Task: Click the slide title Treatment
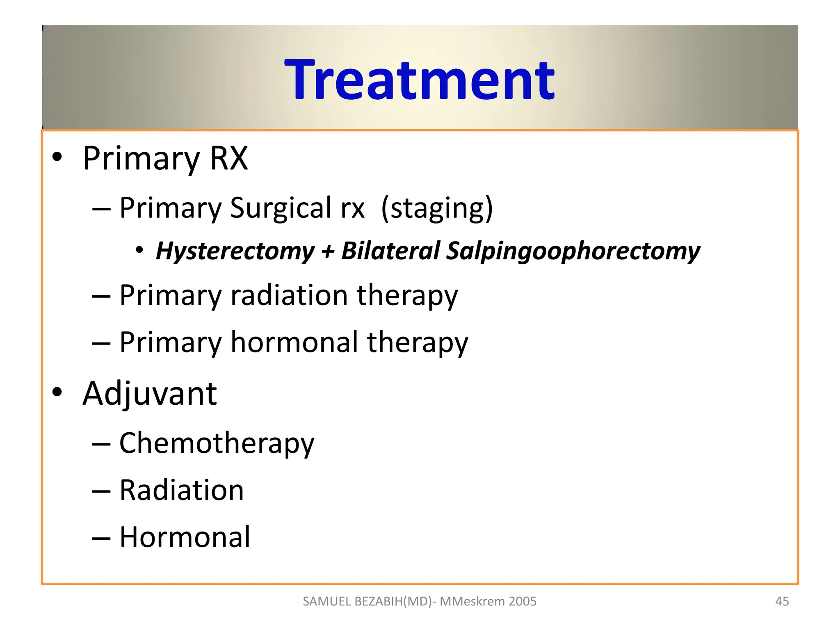point(419,80)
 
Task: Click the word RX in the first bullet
point(229,158)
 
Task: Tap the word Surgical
point(281,208)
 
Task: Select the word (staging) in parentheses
point(437,209)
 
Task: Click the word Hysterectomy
point(235,251)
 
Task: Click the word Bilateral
point(390,251)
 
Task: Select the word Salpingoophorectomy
point(573,251)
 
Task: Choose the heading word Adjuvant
point(150,394)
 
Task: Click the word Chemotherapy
point(217,444)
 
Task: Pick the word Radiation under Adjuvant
point(181,491)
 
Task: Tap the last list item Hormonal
point(185,537)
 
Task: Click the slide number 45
point(782,601)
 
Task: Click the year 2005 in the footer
point(522,601)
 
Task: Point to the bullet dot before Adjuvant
point(57,392)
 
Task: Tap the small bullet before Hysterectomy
point(139,250)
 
